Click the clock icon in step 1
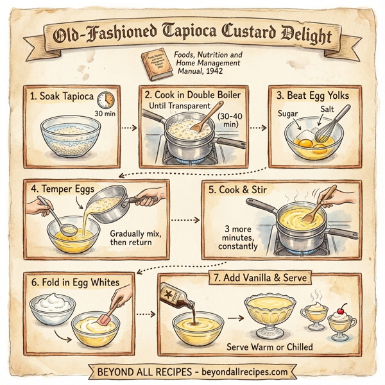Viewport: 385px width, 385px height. click(x=105, y=100)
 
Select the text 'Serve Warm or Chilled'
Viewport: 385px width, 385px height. click(x=270, y=346)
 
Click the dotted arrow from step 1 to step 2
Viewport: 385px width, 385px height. click(x=129, y=128)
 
